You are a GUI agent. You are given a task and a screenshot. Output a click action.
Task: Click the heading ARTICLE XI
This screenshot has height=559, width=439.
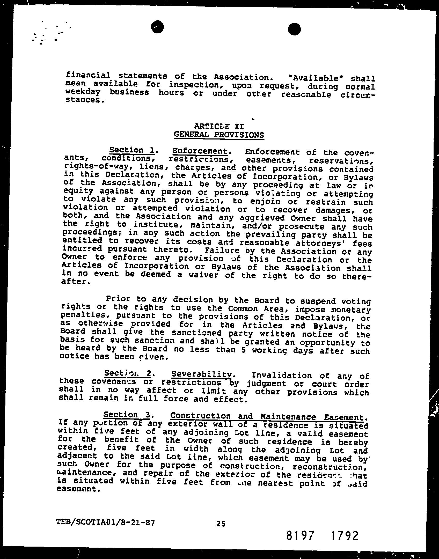[x=219, y=126]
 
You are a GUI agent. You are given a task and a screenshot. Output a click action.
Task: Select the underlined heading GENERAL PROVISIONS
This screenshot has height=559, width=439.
[x=219, y=135]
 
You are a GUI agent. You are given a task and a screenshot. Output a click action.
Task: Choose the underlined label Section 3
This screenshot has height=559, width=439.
[x=127, y=415]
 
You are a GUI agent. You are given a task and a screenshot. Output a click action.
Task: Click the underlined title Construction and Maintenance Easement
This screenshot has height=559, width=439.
[x=269, y=417]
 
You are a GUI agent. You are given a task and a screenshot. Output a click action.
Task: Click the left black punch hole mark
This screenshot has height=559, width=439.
[x=158, y=27]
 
